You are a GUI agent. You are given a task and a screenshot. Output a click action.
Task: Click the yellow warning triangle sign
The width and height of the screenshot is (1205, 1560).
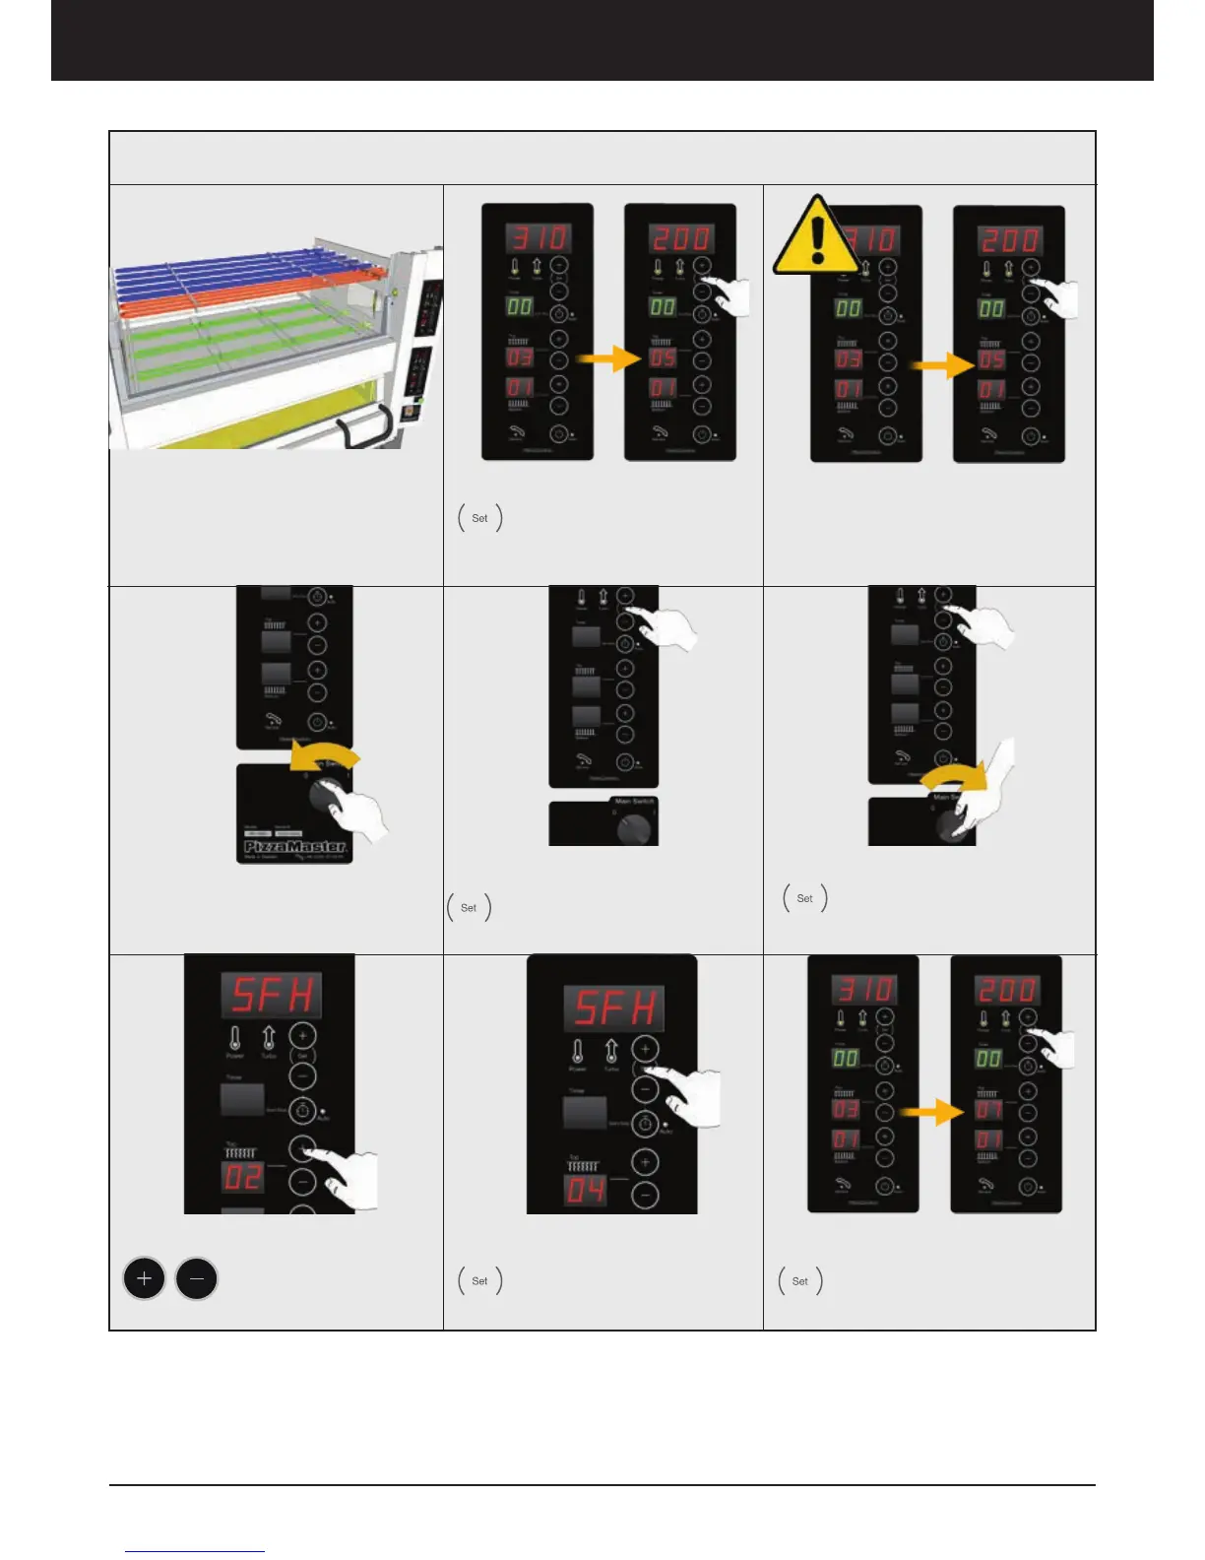(x=815, y=237)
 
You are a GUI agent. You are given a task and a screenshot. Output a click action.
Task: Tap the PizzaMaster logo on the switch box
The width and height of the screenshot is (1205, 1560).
(x=294, y=846)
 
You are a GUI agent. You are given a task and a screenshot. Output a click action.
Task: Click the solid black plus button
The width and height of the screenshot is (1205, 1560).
(x=144, y=1279)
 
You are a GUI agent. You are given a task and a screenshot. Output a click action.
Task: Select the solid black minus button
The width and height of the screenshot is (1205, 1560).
(x=197, y=1279)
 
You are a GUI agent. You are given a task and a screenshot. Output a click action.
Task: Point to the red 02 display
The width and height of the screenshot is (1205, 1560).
(x=242, y=1177)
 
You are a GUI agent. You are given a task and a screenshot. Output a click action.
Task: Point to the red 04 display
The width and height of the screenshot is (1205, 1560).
(x=585, y=1191)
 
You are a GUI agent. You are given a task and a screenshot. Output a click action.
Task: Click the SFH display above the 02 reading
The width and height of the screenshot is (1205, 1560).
(x=271, y=995)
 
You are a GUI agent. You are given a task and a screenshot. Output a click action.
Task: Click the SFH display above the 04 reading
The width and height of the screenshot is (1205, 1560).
(x=613, y=1007)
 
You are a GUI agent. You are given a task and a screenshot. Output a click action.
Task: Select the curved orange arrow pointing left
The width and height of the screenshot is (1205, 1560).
(x=324, y=759)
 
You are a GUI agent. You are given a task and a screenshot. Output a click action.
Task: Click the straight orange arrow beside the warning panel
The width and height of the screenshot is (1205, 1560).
(x=940, y=365)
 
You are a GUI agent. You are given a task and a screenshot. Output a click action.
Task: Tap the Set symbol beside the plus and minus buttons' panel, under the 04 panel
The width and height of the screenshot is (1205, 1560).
(x=479, y=1280)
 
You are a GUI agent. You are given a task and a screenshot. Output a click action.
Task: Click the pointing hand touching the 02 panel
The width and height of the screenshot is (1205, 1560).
(x=350, y=1177)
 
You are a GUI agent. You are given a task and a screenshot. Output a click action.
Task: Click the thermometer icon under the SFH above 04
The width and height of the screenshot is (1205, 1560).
(x=578, y=1052)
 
